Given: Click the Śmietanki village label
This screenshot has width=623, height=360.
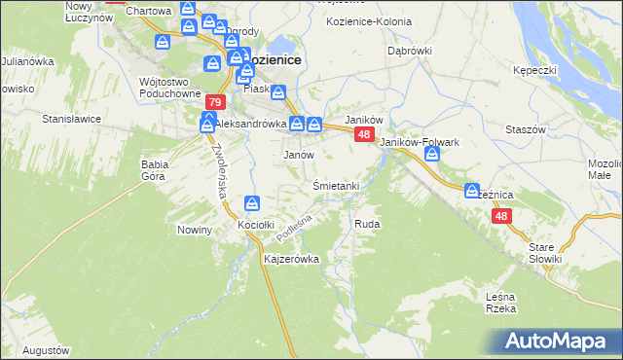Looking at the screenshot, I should coord(337,186).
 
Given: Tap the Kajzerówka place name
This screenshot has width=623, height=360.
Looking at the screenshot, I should coord(292,260).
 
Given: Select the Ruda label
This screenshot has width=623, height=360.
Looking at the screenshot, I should coord(367,224).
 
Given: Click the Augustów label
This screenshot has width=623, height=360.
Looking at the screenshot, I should coord(46,349).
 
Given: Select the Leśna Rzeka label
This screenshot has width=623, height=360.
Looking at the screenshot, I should coord(499,302).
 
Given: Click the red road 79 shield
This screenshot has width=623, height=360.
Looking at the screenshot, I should coord(216,102).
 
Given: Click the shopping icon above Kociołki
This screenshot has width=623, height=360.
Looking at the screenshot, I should coord(252,203).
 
